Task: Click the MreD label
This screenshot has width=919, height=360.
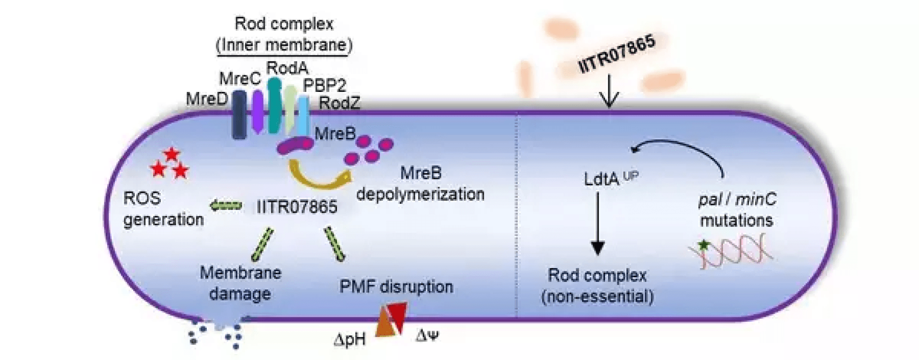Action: (206, 99)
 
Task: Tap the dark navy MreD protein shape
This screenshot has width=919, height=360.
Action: (239, 115)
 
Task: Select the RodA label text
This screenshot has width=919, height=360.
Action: (287, 68)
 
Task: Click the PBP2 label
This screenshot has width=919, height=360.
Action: (324, 85)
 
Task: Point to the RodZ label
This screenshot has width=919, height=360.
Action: (339, 103)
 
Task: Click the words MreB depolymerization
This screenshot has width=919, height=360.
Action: (420, 184)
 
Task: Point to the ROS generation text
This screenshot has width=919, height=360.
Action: (163, 209)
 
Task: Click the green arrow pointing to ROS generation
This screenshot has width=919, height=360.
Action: (225, 206)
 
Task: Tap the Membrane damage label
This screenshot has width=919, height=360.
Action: (240, 283)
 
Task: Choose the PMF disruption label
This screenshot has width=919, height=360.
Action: (396, 287)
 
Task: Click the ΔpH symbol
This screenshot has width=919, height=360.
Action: (350, 339)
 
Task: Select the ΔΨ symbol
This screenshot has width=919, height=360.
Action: (427, 336)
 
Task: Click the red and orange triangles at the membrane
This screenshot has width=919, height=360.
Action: (392, 319)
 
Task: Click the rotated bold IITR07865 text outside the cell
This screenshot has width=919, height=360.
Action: (616, 54)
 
